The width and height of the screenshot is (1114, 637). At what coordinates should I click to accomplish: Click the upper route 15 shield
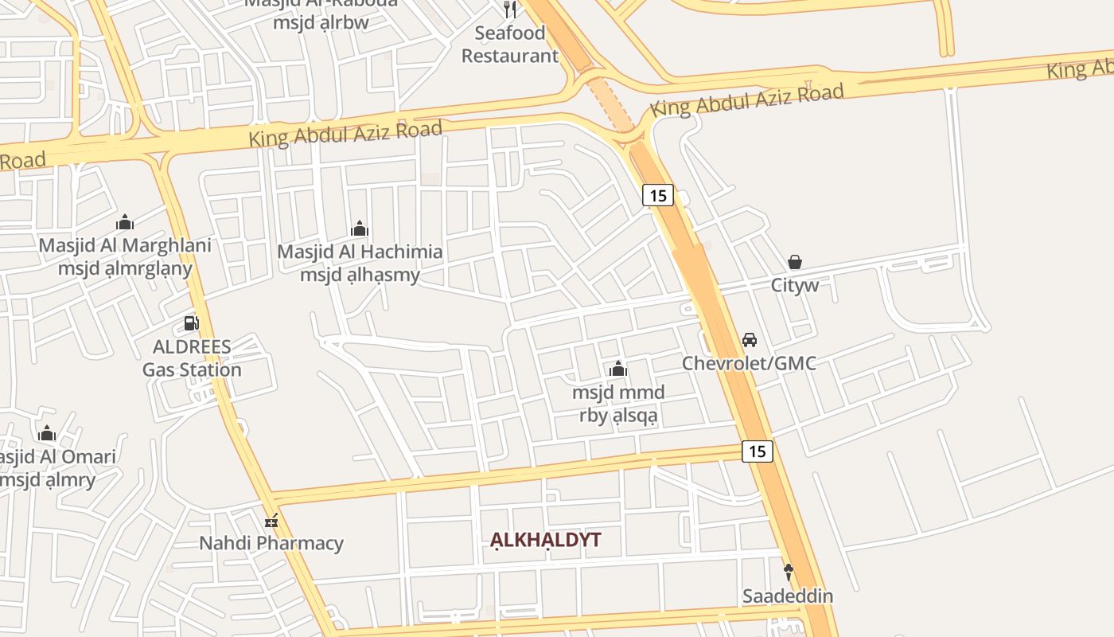pos(658,195)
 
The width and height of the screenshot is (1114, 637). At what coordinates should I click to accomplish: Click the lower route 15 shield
pos(758,451)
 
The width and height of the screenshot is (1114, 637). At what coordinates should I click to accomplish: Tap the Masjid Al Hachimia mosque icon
pos(360,229)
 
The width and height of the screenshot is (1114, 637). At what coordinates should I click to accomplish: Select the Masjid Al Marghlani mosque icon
pos(125,222)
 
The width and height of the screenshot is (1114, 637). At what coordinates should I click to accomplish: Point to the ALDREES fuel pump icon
pos(191,322)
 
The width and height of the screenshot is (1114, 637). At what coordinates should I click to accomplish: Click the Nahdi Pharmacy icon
pos(272,521)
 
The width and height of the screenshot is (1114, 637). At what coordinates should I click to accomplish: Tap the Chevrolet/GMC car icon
pos(749,340)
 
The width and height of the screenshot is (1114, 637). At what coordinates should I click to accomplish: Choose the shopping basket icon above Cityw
pos(794,261)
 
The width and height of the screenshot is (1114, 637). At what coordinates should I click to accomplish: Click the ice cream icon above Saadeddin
pos(789,571)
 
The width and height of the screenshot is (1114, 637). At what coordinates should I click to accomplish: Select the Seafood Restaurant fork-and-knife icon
pos(510,10)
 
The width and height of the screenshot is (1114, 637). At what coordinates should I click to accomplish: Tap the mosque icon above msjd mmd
pos(618,369)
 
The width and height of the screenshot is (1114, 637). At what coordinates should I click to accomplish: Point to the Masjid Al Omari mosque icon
pos(47,434)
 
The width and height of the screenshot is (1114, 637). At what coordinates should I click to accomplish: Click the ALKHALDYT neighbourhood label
pos(545,540)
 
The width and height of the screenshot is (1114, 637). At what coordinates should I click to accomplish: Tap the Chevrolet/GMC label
pos(749,364)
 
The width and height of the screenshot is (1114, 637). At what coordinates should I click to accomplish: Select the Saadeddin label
pos(788,596)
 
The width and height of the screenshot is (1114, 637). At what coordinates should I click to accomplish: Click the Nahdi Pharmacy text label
pos(271,544)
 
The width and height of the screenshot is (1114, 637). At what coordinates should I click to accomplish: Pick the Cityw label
pos(794,285)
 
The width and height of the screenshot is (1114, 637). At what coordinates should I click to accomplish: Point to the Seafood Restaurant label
pos(510,45)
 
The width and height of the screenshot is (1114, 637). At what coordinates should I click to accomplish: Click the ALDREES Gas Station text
pos(192,358)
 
